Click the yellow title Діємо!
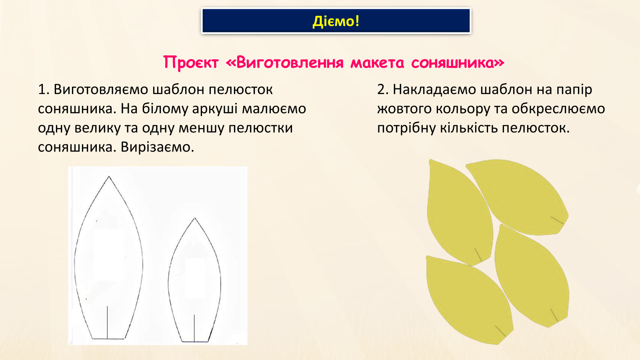pyautogui.click(x=336, y=21)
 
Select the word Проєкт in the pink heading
pyautogui.click(x=191, y=62)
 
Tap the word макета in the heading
pyautogui.click(x=377, y=63)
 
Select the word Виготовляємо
pyautogui.click(x=101, y=90)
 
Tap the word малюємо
pyautogui.click(x=274, y=109)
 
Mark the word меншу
pyautogui.click(x=201, y=128)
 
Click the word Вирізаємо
pyautogui.click(x=157, y=148)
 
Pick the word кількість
pyautogui.click(x=468, y=128)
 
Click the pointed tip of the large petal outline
pyautogui.click(x=109, y=176)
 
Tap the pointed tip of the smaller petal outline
pyautogui.click(x=195, y=218)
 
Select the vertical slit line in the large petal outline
pyautogui.click(x=108, y=322)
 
